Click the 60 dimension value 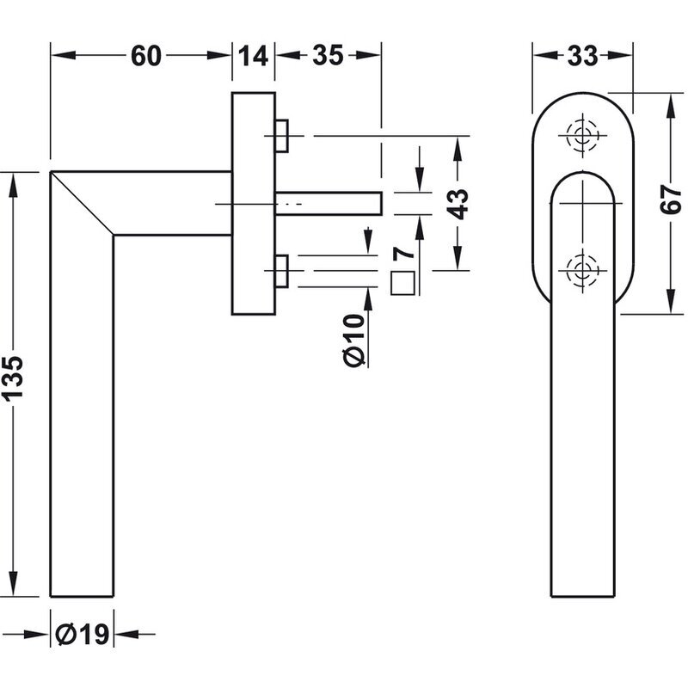click(x=146, y=56)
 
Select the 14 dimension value click(x=253, y=56)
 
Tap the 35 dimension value click(x=328, y=56)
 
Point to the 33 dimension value click(x=583, y=56)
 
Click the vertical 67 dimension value click(x=670, y=200)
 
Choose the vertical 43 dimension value click(x=458, y=204)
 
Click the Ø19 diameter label click(x=83, y=634)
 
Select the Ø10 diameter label click(x=354, y=341)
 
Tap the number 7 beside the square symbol click(x=402, y=254)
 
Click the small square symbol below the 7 click(x=402, y=283)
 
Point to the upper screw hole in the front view click(x=583, y=135)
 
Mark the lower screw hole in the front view click(x=583, y=271)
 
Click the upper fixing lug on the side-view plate click(x=282, y=136)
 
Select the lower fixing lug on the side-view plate click(x=282, y=271)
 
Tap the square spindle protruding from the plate click(x=329, y=204)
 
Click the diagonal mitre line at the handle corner click(x=82, y=203)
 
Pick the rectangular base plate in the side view click(x=254, y=204)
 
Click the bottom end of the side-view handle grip click(x=82, y=596)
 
